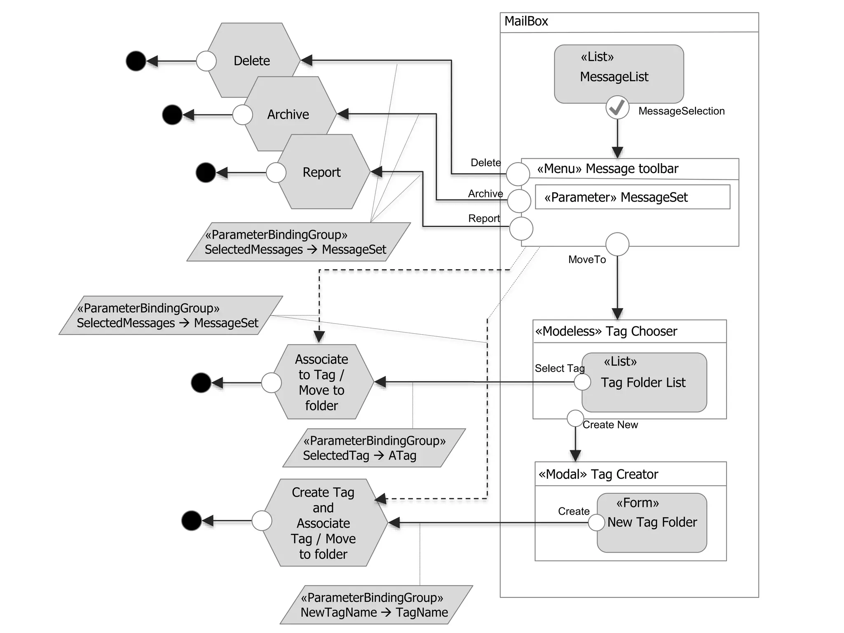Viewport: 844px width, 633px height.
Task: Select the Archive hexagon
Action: pyautogui.click(x=288, y=114)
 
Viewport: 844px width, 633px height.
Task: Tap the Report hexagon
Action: pyautogui.click(x=322, y=172)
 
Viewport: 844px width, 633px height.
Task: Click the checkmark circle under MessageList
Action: pyautogui.click(x=617, y=108)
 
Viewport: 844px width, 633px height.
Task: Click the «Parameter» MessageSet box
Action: pyautogui.click(x=632, y=197)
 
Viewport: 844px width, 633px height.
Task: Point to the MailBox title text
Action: pyautogui.click(x=526, y=21)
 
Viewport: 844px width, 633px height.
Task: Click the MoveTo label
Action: pyautogui.click(x=587, y=260)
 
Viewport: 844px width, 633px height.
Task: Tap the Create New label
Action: pyautogui.click(x=610, y=425)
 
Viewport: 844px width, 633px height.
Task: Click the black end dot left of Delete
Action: pyautogui.click(x=136, y=61)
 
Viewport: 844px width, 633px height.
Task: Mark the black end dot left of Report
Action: pyautogui.click(x=206, y=173)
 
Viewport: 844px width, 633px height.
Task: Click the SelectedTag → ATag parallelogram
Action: pyautogui.click(x=374, y=448)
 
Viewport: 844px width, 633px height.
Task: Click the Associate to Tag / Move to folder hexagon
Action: pyautogui.click(x=322, y=382)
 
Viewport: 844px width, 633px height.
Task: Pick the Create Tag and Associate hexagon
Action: pyautogui.click(x=324, y=523)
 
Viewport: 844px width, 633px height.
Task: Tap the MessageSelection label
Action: pyautogui.click(x=681, y=111)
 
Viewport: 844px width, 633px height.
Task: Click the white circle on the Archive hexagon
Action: pyautogui.click(x=242, y=115)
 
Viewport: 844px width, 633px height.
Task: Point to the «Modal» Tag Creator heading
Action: pyautogui.click(x=598, y=474)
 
